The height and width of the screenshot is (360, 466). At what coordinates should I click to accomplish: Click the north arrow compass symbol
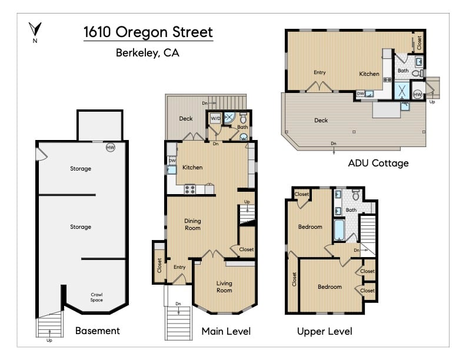pyautogui.click(x=35, y=29)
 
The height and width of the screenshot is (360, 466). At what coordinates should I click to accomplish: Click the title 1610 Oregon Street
pyautogui.click(x=148, y=32)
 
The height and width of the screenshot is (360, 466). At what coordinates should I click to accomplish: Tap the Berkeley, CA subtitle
pyautogui.click(x=148, y=53)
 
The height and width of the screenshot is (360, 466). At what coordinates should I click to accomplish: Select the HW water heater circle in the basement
pyautogui.click(x=110, y=147)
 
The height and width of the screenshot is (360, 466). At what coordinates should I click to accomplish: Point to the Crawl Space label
pyautogui.click(x=96, y=297)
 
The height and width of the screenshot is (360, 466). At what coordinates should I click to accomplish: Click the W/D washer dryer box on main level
pyautogui.click(x=215, y=117)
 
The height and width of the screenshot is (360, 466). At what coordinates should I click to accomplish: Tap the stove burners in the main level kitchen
pyautogui.click(x=191, y=189)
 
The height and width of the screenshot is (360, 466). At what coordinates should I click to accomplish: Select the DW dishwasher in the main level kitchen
pyautogui.click(x=172, y=160)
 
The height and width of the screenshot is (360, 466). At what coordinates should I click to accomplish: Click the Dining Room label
pyautogui.click(x=192, y=224)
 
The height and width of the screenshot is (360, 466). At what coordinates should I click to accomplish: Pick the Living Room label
pyautogui.click(x=224, y=286)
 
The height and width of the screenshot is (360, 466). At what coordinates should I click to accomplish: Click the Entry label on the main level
pyautogui.click(x=179, y=267)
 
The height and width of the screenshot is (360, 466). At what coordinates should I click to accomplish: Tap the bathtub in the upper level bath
pyautogui.click(x=339, y=230)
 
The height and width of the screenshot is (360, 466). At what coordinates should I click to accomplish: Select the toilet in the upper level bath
pyautogui.click(x=355, y=194)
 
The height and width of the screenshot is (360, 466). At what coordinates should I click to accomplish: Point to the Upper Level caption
pyautogui.click(x=324, y=331)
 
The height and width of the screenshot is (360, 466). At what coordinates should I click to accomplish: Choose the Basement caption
pyautogui.click(x=97, y=331)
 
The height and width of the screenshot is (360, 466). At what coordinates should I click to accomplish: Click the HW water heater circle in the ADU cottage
pyautogui.click(x=418, y=94)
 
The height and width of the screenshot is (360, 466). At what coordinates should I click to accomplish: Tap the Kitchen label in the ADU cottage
pyautogui.click(x=370, y=74)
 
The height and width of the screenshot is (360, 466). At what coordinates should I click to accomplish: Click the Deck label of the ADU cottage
pyautogui.click(x=321, y=120)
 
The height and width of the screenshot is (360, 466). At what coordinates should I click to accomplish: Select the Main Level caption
pyautogui.click(x=226, y=331)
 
